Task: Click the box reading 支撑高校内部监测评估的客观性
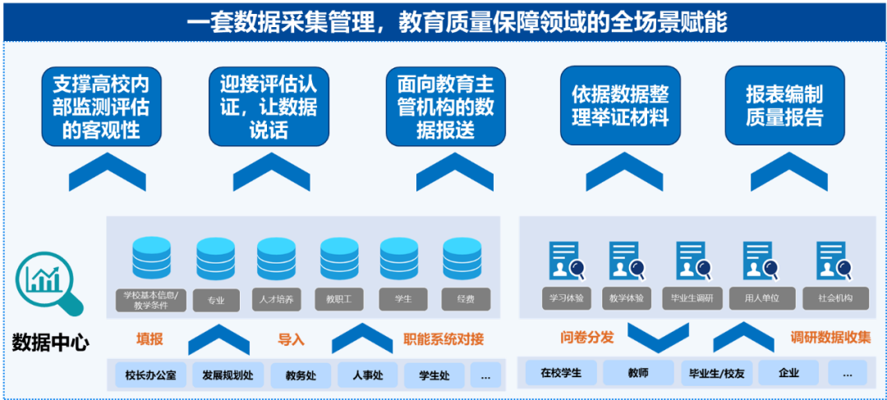pos(101,107)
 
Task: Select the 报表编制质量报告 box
pos(784,106)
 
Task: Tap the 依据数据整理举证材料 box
pos(620,106)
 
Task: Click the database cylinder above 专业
pos(216,259)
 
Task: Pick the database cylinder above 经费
pos(462,259)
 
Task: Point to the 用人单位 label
pos(761,298)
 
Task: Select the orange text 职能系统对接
pos(443,338)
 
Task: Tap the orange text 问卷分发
pos(587,338)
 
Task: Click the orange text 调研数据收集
pos(830,338)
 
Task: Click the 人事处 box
pos(367,375)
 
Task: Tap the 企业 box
pos(788,373)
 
